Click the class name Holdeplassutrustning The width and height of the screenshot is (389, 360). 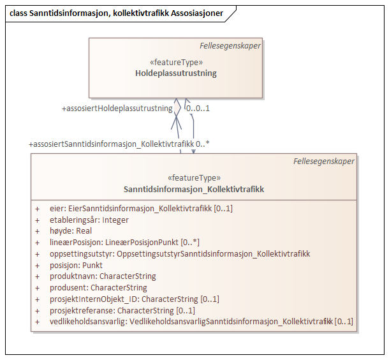(175, 73)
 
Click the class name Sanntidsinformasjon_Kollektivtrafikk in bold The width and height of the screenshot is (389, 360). (194, 189)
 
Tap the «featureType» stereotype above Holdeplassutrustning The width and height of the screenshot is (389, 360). (175, 63)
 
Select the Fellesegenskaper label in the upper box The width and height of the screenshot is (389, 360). (230, 45)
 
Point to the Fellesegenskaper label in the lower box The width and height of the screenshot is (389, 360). (323, 161)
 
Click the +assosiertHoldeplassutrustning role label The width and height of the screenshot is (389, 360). (117, 109)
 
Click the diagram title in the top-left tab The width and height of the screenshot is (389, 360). (115, 13)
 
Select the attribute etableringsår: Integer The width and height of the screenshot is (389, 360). (89, 220)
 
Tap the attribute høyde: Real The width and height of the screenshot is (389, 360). (71, 231)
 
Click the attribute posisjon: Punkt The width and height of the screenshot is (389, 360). (76, 265)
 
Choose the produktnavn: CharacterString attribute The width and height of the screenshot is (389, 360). (103, 276)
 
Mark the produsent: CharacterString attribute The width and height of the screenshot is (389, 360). (98, 288)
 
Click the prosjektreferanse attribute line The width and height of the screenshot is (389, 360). (122, 310)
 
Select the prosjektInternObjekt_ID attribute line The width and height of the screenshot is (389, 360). (134, 299)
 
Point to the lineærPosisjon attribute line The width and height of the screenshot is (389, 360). (125, 243)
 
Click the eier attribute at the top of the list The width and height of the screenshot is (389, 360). (141, 208)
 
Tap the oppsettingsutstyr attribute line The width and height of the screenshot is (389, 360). (180, 254)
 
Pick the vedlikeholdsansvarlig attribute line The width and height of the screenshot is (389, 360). (201, 322)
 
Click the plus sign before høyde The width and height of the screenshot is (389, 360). (37, 231)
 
